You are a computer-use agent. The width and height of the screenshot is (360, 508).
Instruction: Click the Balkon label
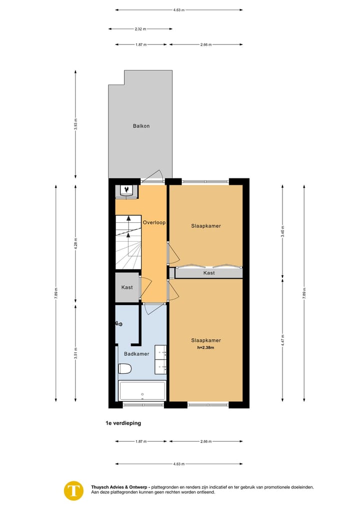[x=141, y=126]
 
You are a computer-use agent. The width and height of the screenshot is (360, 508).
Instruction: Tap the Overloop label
[x=154, y=222]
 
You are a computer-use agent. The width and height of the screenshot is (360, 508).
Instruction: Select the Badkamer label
[x=136, y=354]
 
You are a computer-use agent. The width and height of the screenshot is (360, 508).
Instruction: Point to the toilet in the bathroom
[x=124, y=369]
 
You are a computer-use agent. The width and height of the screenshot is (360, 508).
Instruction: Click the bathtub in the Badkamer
[x=142, y=390]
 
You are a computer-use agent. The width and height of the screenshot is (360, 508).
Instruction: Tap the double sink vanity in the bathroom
[x=160, y=359]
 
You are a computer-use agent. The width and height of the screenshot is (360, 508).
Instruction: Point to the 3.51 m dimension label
[x=76, y=352]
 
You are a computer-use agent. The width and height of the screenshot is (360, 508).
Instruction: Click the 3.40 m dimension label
[x=282, y=231]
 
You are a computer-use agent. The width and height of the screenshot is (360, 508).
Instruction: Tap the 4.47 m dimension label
[x=282, y=340]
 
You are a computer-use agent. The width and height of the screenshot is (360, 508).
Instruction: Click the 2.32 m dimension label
[x=140, y=29]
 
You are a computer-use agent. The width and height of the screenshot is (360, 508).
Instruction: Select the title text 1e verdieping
[x=123, y=423]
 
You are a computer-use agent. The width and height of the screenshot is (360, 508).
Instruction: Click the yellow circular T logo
[x=74, y=491]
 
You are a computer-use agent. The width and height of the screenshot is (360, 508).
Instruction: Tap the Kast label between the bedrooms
[x=209, y=273]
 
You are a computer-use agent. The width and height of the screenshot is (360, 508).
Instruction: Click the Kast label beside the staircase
[x=127, y=287]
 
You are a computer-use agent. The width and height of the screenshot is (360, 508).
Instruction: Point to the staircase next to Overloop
[x=128, y=242]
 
